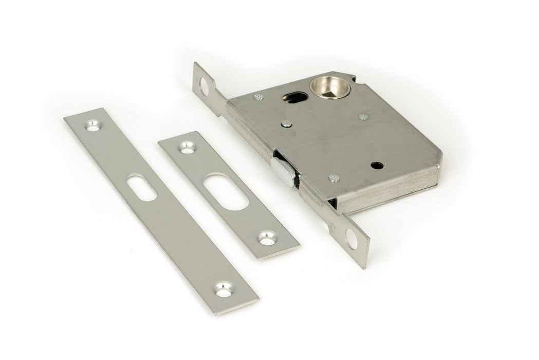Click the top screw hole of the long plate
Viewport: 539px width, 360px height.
[x=92, y=125]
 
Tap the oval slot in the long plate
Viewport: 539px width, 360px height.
[x=141, y=188]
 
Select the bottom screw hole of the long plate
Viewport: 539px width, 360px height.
[x=223, y=291]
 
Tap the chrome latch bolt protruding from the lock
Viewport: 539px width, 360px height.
[x=284, y=171]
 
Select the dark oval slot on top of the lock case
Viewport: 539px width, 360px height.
[x=292, y=96]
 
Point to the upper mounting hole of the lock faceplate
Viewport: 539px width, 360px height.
[x=204, y=85]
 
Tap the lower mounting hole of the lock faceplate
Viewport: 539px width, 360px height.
[x=352, y=238]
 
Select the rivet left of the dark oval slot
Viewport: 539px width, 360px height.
[x=259, y=96]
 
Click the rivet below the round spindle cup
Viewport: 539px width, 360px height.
[x=363, y=117]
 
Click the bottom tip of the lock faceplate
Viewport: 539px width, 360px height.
[x=364, y=266]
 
